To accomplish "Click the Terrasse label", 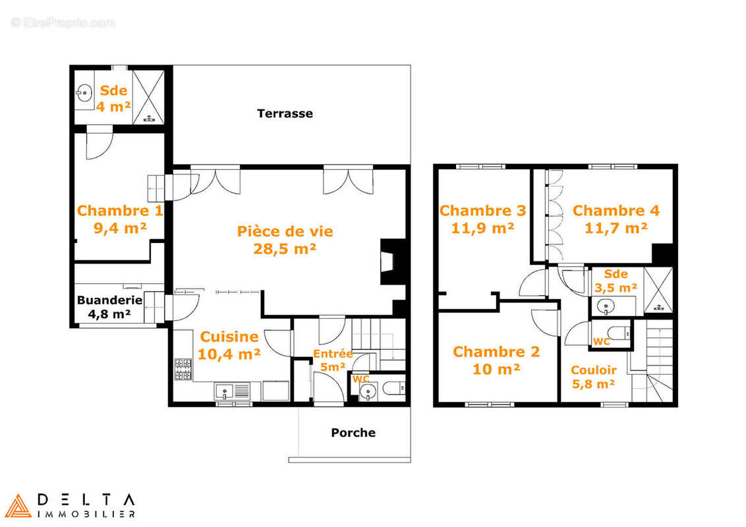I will click(285, 113).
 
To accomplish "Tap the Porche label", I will click(353, 433).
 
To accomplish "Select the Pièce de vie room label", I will click(285, 231).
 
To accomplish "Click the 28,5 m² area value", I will click(285, 248).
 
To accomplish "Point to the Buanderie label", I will click(109, 300).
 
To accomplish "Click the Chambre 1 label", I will click(119, 211).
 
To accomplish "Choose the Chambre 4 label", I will click(616, 211).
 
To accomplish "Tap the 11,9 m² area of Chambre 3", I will click(482, 228).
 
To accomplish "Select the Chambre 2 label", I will click(496, 352).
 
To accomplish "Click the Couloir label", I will click(593, 370).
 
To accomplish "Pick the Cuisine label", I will click(229, 337).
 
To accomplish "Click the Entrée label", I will click(332, 354).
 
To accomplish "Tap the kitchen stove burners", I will click(183, 370).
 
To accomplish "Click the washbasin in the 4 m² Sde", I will click(83, 92).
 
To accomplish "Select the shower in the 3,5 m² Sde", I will click(658, 290).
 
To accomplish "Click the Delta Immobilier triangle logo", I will click(18, 506).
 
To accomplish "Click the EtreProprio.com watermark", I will click(63, 22).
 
